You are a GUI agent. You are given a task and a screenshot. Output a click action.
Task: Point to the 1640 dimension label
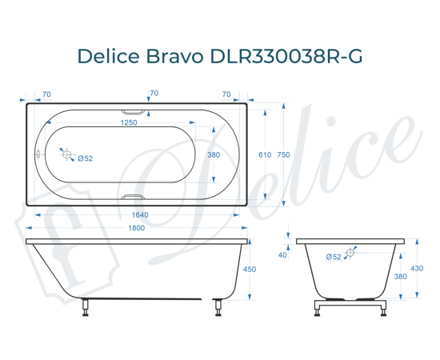tap(139, 215)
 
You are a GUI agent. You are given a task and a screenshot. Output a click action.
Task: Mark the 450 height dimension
tap(249, 270)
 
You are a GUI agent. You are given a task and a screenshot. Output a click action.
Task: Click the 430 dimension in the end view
tap(417, 268)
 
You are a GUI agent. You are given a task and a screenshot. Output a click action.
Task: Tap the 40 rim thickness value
tap(282, 255)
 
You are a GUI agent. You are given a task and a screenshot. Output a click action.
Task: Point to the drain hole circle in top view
tap(67, 155)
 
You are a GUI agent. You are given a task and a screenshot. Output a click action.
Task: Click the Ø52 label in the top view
tap(86, 158)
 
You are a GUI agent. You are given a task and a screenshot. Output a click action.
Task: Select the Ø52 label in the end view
tap(334, 256)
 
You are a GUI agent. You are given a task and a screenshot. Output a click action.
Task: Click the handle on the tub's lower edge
tap(134, 197)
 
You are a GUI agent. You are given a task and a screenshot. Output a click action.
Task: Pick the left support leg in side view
tap(85, 307)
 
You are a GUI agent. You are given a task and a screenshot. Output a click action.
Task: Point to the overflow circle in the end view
tap(350, 253)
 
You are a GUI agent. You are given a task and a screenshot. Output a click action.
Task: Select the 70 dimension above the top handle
tap(154, 94)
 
